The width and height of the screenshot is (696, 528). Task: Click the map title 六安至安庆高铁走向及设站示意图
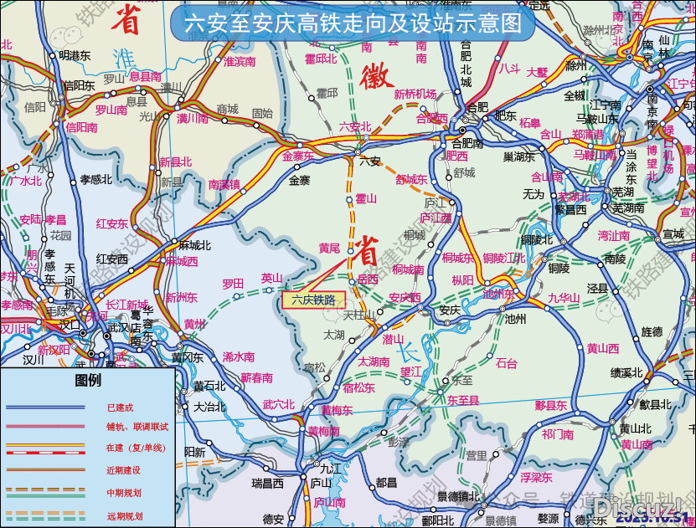point(352,23)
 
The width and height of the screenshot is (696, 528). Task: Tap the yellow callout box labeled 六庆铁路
point(312,299)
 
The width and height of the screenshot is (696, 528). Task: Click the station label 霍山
point(366,198)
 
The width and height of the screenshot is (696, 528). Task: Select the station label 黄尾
point(329,249)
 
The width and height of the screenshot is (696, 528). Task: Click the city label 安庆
point(450,310)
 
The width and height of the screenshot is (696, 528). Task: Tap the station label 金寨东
point(297,156)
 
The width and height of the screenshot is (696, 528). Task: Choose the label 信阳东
point(80,85)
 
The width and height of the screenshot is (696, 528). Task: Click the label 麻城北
point(195,245)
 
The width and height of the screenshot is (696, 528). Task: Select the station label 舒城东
point(411,179)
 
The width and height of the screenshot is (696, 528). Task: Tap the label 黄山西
point(602,348)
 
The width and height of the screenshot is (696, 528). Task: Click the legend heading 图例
point(88,381)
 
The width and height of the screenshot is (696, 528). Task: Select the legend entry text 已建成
point(121,408)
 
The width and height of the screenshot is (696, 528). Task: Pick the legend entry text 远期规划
point(124,515)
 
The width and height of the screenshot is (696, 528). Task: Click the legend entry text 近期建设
point(124,470)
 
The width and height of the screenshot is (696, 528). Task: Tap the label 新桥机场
point(415,94)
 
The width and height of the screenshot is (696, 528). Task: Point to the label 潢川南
point(192,120)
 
